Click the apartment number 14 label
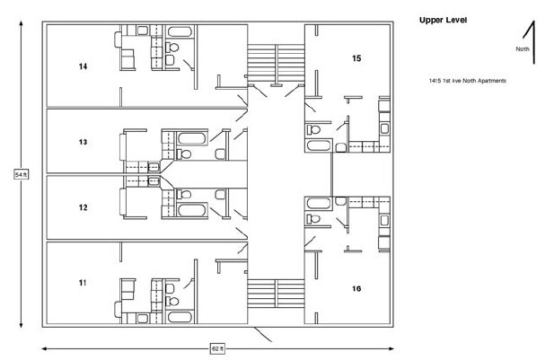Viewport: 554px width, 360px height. point(83,66)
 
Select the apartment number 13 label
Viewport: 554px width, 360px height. point(83,142)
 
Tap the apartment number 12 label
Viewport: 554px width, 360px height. point(83,207)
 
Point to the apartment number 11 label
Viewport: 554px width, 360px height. point(83,283)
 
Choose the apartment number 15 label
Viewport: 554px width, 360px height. point(356,58)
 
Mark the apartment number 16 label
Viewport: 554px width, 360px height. point(356,289)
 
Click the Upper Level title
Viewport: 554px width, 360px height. point(444,19)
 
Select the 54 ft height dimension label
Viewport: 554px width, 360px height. point(21,174)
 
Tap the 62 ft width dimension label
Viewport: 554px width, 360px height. point(217,347)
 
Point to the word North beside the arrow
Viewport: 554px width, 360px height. point(522,48)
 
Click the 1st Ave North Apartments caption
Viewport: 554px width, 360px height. point(468,81)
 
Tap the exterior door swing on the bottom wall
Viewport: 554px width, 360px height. point(263,334)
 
